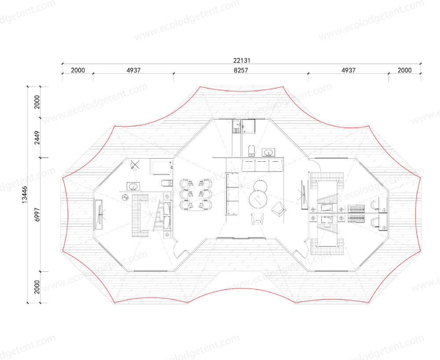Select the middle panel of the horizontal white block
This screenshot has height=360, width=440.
tap(262, 165)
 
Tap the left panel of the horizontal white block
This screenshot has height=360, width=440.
tap(247, 165)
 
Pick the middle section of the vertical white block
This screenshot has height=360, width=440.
tap(231, 194)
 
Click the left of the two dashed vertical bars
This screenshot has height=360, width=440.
tap(189, 195)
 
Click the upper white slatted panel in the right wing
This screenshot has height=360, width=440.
tap(356, 209)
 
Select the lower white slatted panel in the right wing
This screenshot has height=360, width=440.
tap(356, 218)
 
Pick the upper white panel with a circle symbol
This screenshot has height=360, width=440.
tap(383, 204)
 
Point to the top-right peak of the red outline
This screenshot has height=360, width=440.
tap(283, 87)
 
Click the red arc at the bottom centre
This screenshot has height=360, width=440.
tap(242, 289)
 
